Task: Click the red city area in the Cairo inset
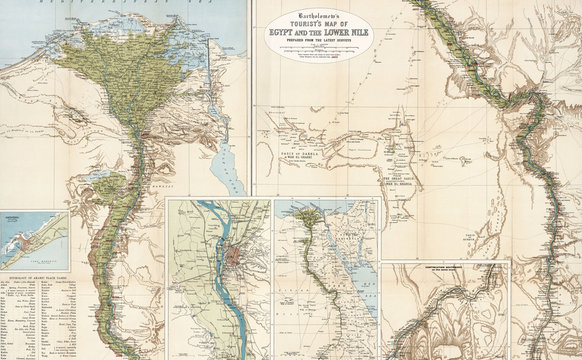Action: (235, 258)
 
